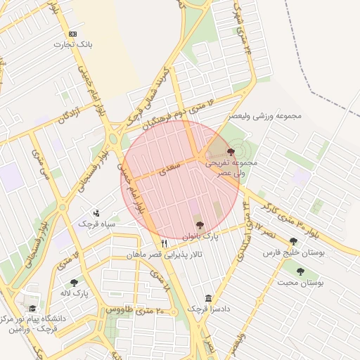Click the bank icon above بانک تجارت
pos(73,34)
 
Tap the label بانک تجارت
pos(73,45)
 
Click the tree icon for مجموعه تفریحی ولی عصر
pos(231,151)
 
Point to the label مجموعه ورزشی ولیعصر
pos(265,115)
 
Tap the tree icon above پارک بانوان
pos(200,226)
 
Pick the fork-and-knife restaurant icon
pos(165,243)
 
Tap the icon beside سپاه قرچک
pos(96,212)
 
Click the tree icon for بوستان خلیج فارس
pos(293,241)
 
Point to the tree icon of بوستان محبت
pos(301,271)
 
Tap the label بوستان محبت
pos(301,283)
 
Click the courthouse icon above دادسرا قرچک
pos(208,298)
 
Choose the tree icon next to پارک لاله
pos(74,283)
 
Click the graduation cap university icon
pos(31,308)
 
